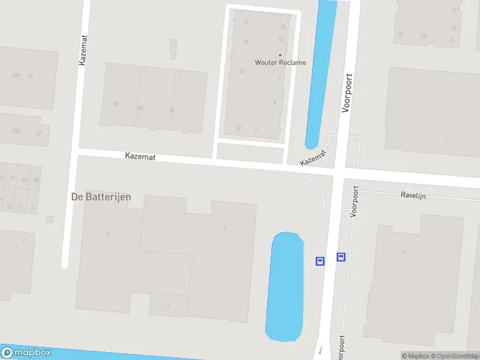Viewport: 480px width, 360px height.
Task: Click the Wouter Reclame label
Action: [x=280, y=62]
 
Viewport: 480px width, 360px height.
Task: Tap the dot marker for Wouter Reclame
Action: [x=280, y=55]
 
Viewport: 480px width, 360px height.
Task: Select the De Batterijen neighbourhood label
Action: [x=101, y=196]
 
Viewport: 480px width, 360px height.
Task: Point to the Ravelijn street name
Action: [x=413, y=196]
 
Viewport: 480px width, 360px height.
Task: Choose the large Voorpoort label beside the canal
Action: [x=346, y=93]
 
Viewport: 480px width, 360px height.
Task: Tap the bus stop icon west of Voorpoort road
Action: [x=320, y=261]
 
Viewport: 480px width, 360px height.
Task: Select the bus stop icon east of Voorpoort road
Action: [x=341, y=257]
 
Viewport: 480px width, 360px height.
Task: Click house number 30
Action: [x=115, y=104]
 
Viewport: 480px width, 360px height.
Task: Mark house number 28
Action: [x=140, y=108]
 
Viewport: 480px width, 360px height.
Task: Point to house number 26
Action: [x=171, y=109]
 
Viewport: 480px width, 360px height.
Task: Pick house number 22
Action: [x=238, y=128]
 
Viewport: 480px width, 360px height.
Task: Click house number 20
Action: [x=242, y=71]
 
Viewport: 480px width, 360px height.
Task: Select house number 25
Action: [x=400, y=35]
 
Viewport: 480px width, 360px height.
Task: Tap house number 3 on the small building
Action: [x=169, y=305]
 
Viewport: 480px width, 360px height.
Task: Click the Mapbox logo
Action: [x=26, y=353]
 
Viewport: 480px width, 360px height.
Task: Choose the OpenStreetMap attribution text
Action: [x=455, y=356]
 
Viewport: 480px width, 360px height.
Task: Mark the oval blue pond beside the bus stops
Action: [x=284, y=287]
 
